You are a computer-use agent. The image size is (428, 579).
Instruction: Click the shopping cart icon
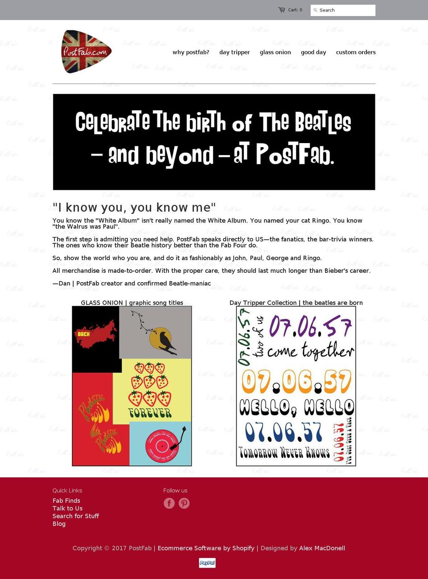pyautogui.click(x=282, y=10)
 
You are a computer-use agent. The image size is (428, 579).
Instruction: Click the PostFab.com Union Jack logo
pyautogui.click(x=86, y=52)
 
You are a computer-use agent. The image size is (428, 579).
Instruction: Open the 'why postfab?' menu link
pyautogui.click(x=191, y=52)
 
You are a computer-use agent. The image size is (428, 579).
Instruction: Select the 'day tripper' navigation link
pyautogui.click(x=235, y=52)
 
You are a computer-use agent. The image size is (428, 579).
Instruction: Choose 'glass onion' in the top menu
pyautogui.click(x=275, y=52)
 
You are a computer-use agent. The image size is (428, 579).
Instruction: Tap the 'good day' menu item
pyautogui.click(x=313, y=52)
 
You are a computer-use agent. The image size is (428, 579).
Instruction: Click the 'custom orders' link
pyautogui.click(x=356, y=52)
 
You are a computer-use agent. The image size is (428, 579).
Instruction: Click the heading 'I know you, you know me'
pyautogui.click(x=134, y=207)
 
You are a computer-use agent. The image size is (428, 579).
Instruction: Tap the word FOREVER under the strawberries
pyautogui.click(x=150, y=413)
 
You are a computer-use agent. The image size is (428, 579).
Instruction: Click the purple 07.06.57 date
pyautogui.click(x=310, y=327)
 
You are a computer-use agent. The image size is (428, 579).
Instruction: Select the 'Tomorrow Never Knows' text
pyautogui.click(x=284, y=453)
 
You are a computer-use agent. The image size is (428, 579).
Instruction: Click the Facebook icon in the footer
pyautogui.click(x=169, y=503)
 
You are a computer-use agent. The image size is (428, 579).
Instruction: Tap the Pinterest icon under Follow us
pyautogui.click(x=184, y=503)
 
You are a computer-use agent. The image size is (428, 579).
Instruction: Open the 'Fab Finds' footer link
pyautogui.click(x=66, y=501)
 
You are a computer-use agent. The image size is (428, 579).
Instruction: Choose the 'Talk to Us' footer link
pyautogui.click(x=67, y=508)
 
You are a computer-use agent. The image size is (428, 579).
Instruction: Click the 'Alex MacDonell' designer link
pyautogui.click(x=322, y=548)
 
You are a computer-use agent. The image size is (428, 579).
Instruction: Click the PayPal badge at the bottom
pyautogui.click(x=207, y=563)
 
